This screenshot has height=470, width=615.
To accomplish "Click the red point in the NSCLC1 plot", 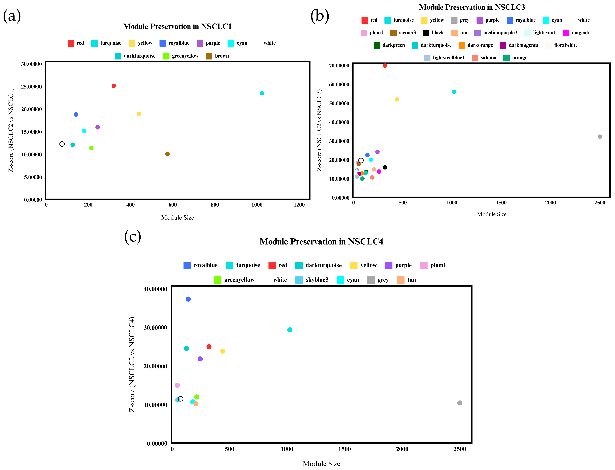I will (x=114, y=86).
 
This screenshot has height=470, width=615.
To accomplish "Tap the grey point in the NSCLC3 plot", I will (x=600, y=137).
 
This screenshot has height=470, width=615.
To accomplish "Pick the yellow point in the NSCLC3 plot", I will (x=397, y=99).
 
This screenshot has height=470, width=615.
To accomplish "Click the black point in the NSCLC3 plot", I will (x=385, y=167).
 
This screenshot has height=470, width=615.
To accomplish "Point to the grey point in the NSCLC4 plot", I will (x=460, y=403).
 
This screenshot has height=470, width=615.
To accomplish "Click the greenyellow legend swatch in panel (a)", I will (x=166, y=56).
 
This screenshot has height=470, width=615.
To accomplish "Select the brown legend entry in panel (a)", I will (x=217, y=56).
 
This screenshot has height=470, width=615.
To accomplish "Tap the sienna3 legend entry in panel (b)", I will (x=403, y=33).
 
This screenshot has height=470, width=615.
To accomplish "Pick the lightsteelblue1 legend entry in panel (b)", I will (x=444, y=58).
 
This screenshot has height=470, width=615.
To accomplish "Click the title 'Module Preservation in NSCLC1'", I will (x=177, y=26).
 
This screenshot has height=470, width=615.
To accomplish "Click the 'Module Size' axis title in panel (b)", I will (x=492, y=214).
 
